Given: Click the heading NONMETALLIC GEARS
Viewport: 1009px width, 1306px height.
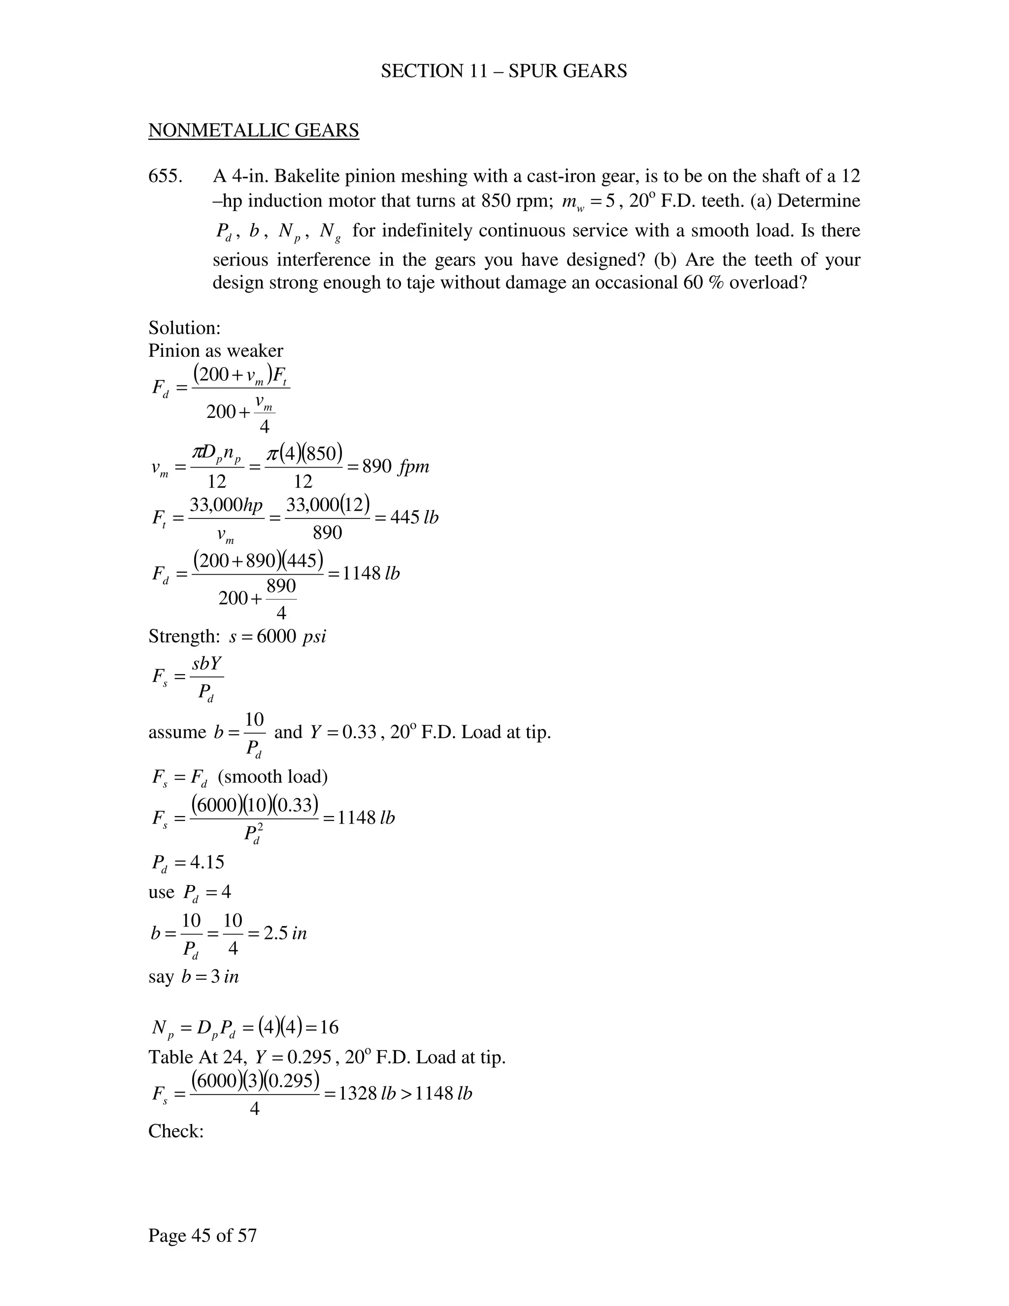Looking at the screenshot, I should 253,131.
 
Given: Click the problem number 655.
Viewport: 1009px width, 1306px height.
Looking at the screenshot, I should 165,176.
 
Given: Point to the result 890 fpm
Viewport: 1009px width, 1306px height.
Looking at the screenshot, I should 396,466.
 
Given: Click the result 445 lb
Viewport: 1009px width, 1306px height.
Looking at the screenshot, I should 414,517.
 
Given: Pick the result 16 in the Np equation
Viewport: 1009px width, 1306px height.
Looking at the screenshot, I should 329,1028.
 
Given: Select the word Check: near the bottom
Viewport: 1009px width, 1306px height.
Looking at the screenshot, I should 176,1132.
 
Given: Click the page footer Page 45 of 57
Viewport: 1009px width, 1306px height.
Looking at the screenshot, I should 202,1235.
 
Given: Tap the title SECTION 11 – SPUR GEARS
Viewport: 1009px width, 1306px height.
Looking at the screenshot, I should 504,71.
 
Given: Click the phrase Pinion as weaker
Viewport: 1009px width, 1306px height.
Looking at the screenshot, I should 216,350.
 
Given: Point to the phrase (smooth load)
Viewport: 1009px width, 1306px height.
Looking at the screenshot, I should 273,776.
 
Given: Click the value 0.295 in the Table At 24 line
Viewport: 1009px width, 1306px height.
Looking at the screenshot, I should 309,1057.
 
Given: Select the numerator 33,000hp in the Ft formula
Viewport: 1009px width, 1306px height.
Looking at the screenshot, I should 226,506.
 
